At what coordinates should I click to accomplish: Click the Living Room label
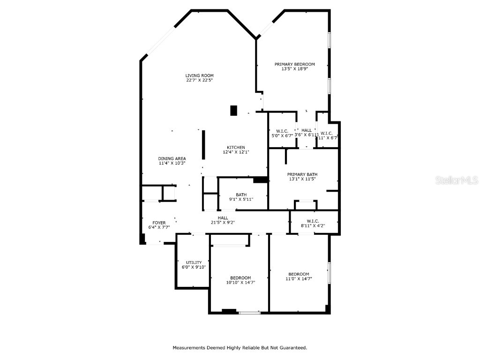tap(199, 75)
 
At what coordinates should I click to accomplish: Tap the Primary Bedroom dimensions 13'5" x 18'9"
tap(294, 69)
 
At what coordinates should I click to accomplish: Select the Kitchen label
tap(236, 147)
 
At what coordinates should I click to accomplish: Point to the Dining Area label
tap(172, 158)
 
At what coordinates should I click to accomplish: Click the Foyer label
tap(159, 223)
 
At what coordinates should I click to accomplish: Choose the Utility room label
tap(194, 262)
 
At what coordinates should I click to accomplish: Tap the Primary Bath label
tap(302, 174)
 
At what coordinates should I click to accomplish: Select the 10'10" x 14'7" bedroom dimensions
tap(240, 283)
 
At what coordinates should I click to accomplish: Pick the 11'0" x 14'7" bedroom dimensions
tap(299, 279)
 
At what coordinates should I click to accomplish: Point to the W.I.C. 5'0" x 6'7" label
tap(282, 133)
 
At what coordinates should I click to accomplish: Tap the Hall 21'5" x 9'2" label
tap(223, 220)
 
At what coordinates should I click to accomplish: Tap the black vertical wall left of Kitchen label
tap(203, 146)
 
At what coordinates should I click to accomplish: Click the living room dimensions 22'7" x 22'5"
tap(199, 80)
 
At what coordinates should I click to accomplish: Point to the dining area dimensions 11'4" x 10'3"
tap(172, 163)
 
